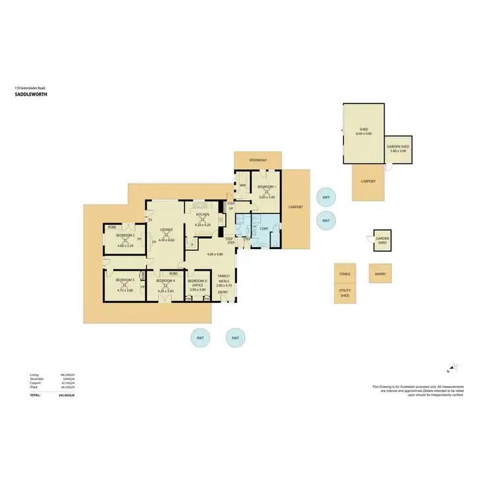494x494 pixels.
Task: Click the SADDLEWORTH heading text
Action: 31,94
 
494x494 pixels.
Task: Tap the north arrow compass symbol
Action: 453,366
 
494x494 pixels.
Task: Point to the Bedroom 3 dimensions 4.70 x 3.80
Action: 125,290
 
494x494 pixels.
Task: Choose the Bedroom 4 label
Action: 165,281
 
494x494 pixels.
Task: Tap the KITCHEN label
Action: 202,215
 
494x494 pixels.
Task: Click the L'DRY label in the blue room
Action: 265,229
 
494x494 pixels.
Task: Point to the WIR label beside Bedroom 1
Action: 242,186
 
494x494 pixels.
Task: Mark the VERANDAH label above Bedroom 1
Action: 258,160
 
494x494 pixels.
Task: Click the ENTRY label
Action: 223,292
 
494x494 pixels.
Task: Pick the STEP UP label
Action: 231,206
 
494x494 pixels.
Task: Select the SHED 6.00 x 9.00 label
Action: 364,131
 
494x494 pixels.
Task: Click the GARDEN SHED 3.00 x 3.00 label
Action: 398,148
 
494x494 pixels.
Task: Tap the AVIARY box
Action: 380,273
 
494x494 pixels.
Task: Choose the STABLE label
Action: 344,273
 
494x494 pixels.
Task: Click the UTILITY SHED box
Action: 344,294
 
